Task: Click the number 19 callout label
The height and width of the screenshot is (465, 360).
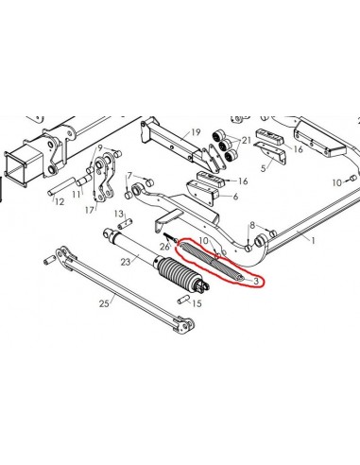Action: click(x=196, y=132)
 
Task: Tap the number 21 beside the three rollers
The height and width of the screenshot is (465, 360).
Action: click(x=246, y=139)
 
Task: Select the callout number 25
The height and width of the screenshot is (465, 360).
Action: click(x=104, y=303)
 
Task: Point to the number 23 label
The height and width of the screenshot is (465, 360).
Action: click(x=126, y=262)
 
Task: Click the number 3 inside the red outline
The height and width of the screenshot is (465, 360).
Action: click(x=256, y=281)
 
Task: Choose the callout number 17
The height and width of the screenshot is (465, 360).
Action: click(x=90, y=210)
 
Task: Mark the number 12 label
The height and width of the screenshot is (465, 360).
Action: click(x=60, y=201)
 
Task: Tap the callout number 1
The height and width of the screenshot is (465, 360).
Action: click(x=313, y=241)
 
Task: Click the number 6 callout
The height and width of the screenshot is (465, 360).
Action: click(x=235, y=197)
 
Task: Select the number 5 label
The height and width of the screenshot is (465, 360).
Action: click(x=264, y=168)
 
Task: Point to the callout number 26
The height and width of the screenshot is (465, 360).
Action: click(x=164, y=247)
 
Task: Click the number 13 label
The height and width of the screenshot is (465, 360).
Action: click(x=119, y=214)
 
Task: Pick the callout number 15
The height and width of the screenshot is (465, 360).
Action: click(x=197, y=303)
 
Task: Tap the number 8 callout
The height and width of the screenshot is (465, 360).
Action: click(x=252, y=225)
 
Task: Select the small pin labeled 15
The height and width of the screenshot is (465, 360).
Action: click(x=183, y=299)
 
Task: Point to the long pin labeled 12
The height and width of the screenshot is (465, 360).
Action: click(x=61, y=186)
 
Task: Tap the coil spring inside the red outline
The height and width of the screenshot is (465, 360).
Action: click(x=211, y=260)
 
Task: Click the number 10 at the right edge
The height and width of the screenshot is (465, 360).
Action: click(x=337, y=182)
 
